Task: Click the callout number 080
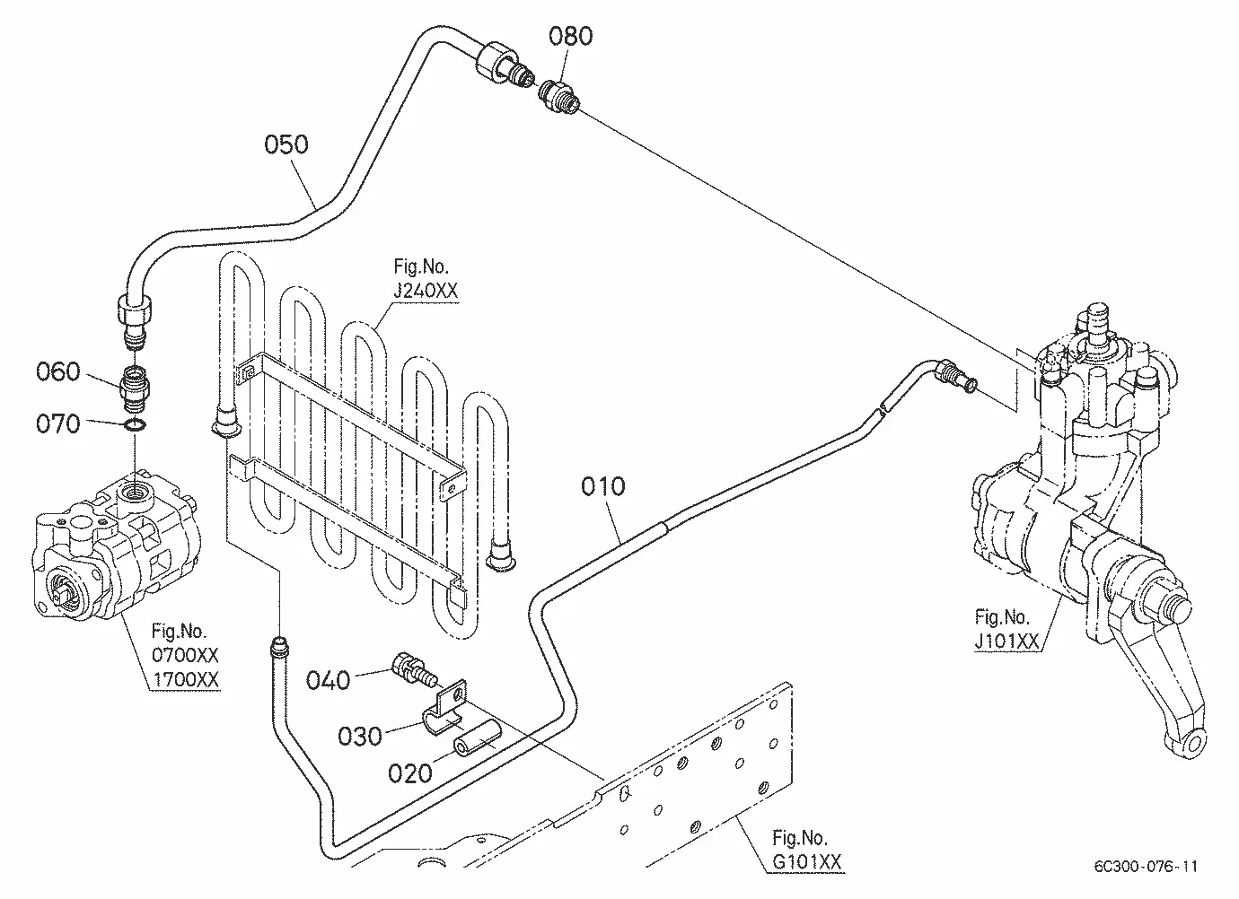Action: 570,36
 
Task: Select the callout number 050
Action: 286,144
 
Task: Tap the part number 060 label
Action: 58,371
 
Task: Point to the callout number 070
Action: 58,424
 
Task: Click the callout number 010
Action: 603,486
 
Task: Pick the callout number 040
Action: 328,680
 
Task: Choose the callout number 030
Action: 359,737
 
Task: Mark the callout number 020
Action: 410,773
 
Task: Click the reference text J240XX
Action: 426,291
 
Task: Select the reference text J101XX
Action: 1006,642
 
